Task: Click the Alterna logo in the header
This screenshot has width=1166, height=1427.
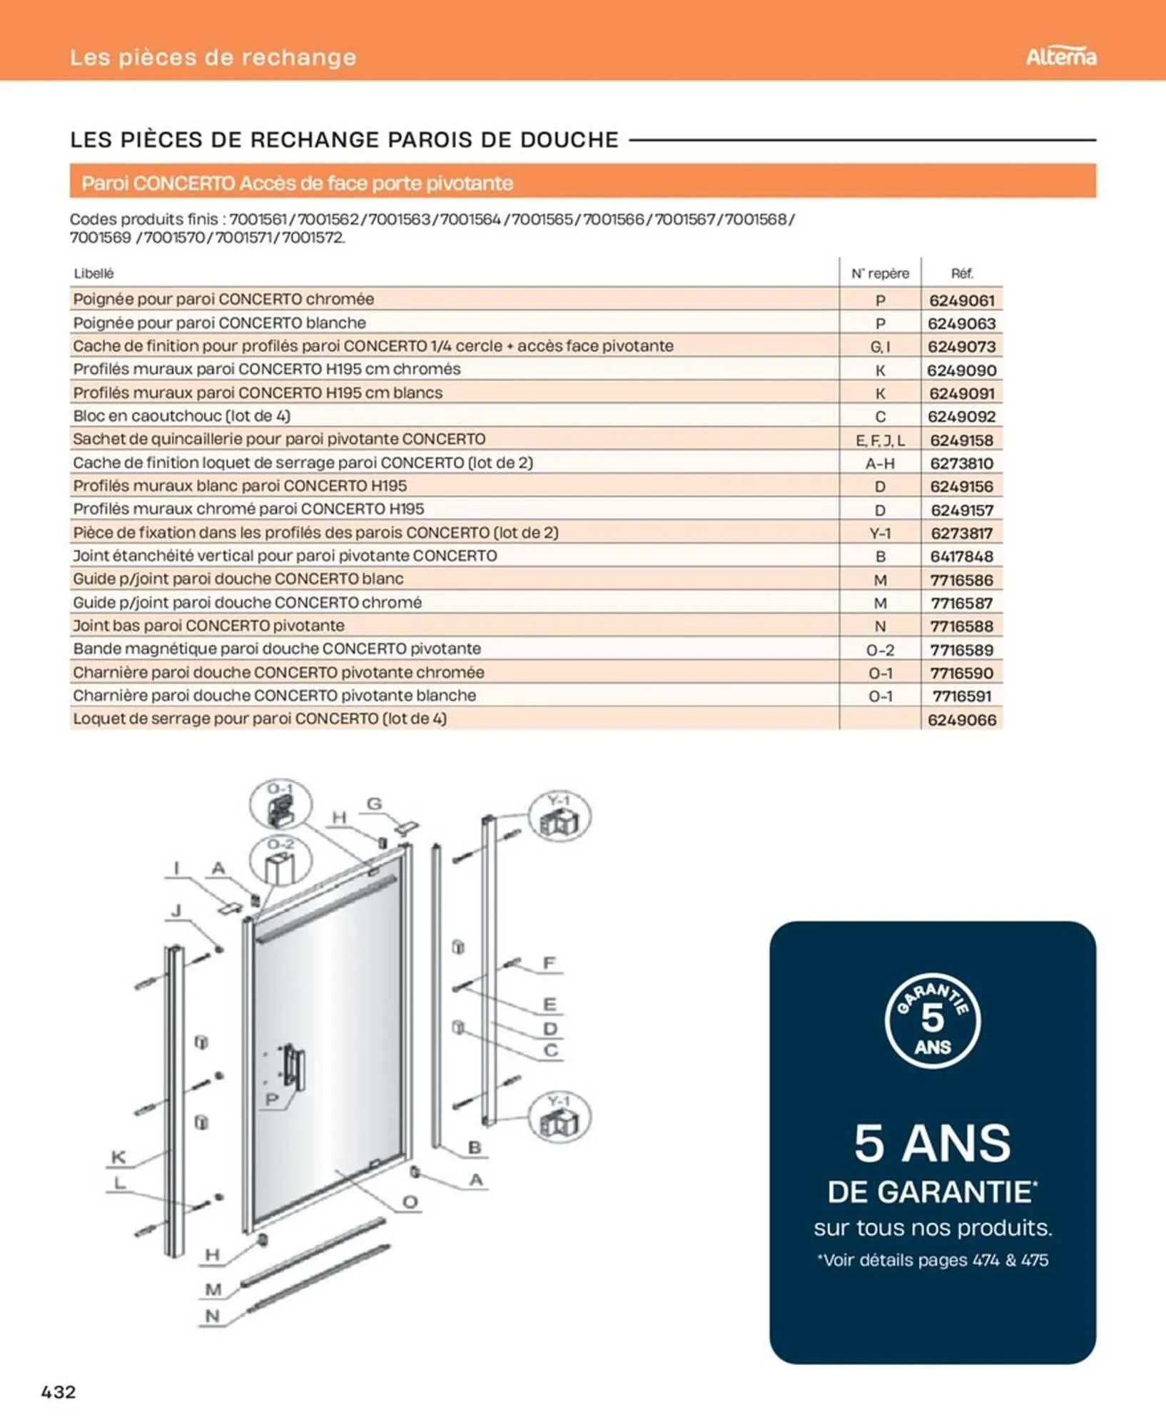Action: (1060, 57)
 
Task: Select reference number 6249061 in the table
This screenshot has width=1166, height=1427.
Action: (961, 300)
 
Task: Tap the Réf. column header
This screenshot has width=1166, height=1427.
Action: (961, 273)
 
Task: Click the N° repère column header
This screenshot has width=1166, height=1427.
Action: (879, 273)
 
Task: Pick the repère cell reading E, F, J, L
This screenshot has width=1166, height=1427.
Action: (880, 440)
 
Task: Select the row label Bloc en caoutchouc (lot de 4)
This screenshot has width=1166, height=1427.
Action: (181, 416)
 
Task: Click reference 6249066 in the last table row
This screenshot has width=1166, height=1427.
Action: (961, 720)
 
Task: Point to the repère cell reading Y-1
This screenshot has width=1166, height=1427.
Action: (880, 533)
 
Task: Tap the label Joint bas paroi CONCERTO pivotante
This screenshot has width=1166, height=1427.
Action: (208, 626)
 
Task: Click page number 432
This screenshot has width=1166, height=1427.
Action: (59, 1391)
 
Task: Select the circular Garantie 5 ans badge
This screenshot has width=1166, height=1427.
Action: (932, 1020)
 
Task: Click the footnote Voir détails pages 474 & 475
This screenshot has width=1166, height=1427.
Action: (932, 1260)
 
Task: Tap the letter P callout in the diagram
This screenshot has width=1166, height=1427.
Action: (272, 1100)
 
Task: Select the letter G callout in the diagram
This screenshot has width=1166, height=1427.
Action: (374, 804)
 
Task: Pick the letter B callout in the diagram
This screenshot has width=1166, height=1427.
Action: (475, 1148)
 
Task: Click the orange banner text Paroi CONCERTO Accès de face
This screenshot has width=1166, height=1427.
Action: (297, 183)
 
